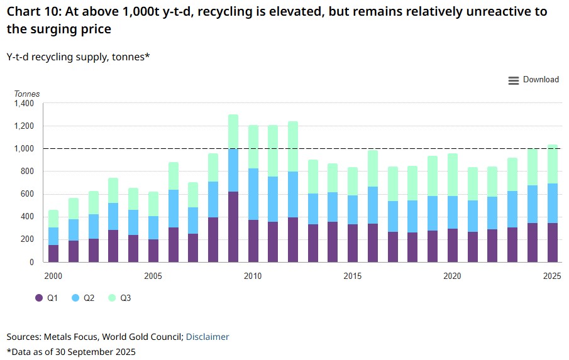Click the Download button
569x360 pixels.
click(533, 80)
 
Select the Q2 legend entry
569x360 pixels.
click(83, 298)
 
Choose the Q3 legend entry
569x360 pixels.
click(119, 298)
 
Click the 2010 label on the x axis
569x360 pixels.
click(253, 276)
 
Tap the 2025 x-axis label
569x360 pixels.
click(551, 276)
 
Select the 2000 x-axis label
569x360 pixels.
click(53, 276)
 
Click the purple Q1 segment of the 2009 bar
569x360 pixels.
click(233, 226)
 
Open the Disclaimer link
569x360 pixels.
click(207, 337)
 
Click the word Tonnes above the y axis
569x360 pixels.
click(27, 94)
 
